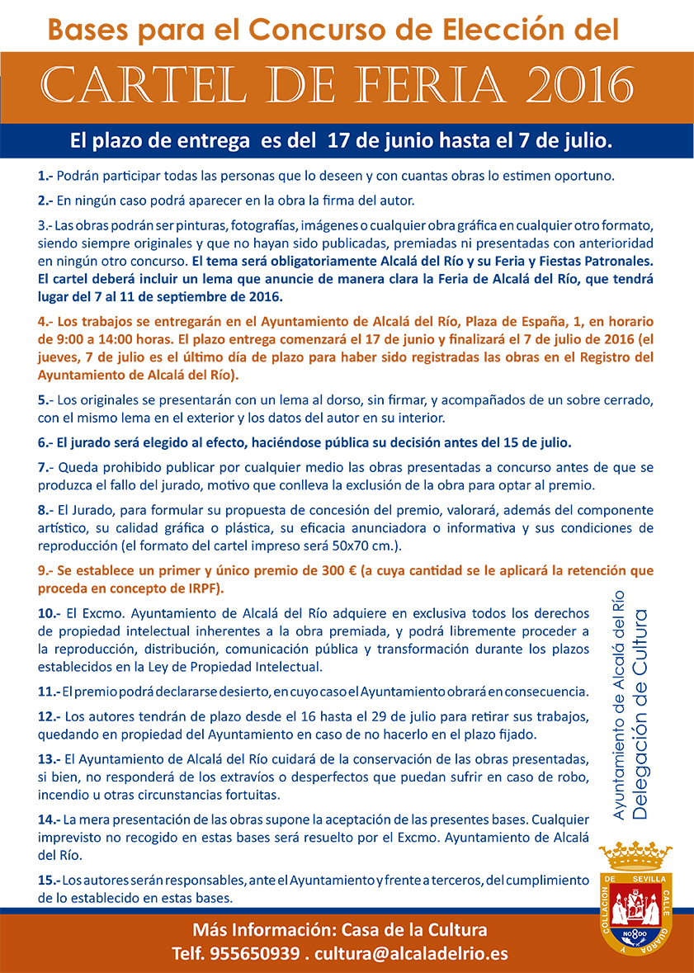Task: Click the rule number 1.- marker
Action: [45, 176]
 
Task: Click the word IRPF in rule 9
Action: [203, 588]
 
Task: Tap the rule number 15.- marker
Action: [50, 881]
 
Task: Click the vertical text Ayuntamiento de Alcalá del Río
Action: [620, 706]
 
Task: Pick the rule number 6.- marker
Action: [46, 442]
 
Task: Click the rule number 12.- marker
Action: [50, 715]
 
